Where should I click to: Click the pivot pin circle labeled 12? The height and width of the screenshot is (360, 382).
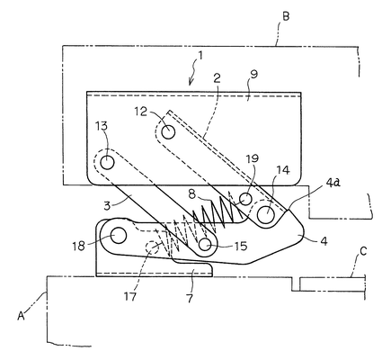[168, 131]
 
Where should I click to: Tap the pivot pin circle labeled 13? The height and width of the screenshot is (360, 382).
[107, 163]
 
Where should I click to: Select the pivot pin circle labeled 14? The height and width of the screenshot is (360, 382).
[266, 215]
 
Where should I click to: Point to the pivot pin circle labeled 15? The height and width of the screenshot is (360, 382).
[205, 244]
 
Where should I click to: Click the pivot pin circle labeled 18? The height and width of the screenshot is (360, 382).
[118, 236]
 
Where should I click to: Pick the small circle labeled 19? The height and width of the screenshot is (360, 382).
[246, 199]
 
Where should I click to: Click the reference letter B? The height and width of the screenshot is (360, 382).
[286, 15]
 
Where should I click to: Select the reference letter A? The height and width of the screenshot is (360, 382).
[21, 315]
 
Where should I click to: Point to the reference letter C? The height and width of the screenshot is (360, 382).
[363, 251]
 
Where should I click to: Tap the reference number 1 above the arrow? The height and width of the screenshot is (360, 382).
[200, 56]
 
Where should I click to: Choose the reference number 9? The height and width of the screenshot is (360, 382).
[253, 74]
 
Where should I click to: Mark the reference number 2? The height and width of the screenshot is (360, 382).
[217, 78]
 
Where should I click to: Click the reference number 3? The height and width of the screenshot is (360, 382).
[108, 206]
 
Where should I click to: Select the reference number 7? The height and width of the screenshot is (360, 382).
[190, 298]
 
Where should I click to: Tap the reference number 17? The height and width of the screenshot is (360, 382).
[130, 296]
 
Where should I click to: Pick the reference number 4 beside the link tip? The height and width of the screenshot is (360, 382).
[324, 240]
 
